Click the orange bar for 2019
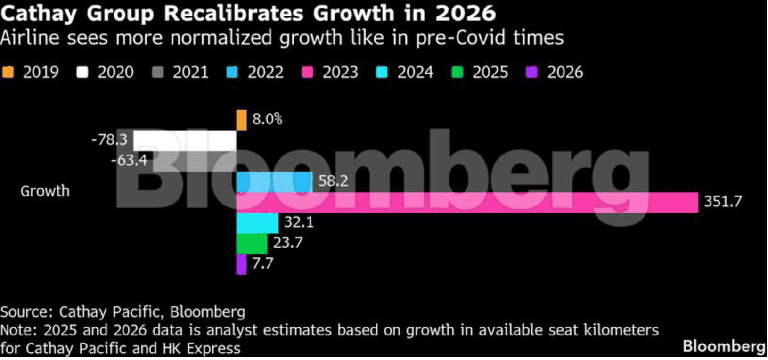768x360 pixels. click(x=241, y=120)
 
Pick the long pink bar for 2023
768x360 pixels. click(x=466, y=203)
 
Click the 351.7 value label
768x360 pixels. click(x=723, y=202)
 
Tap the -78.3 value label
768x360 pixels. click(x=109, y=139)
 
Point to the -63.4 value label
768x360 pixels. click(x=129, y=160)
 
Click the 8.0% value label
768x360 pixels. click(x=267, y=119)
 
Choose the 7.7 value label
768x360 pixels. click(x=262, y=263)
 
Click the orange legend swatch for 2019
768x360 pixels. click(x=8, y=73)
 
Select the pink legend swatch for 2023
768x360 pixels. click(x=308, y=73)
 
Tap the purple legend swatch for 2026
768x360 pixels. click(x=532, y=73)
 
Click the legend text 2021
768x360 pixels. click(x=190, y=73)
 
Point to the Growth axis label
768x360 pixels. click(x=45, y=191)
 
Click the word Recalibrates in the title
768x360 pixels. click(x=233, y=13)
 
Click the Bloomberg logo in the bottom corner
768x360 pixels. click(x=724, y=347)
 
